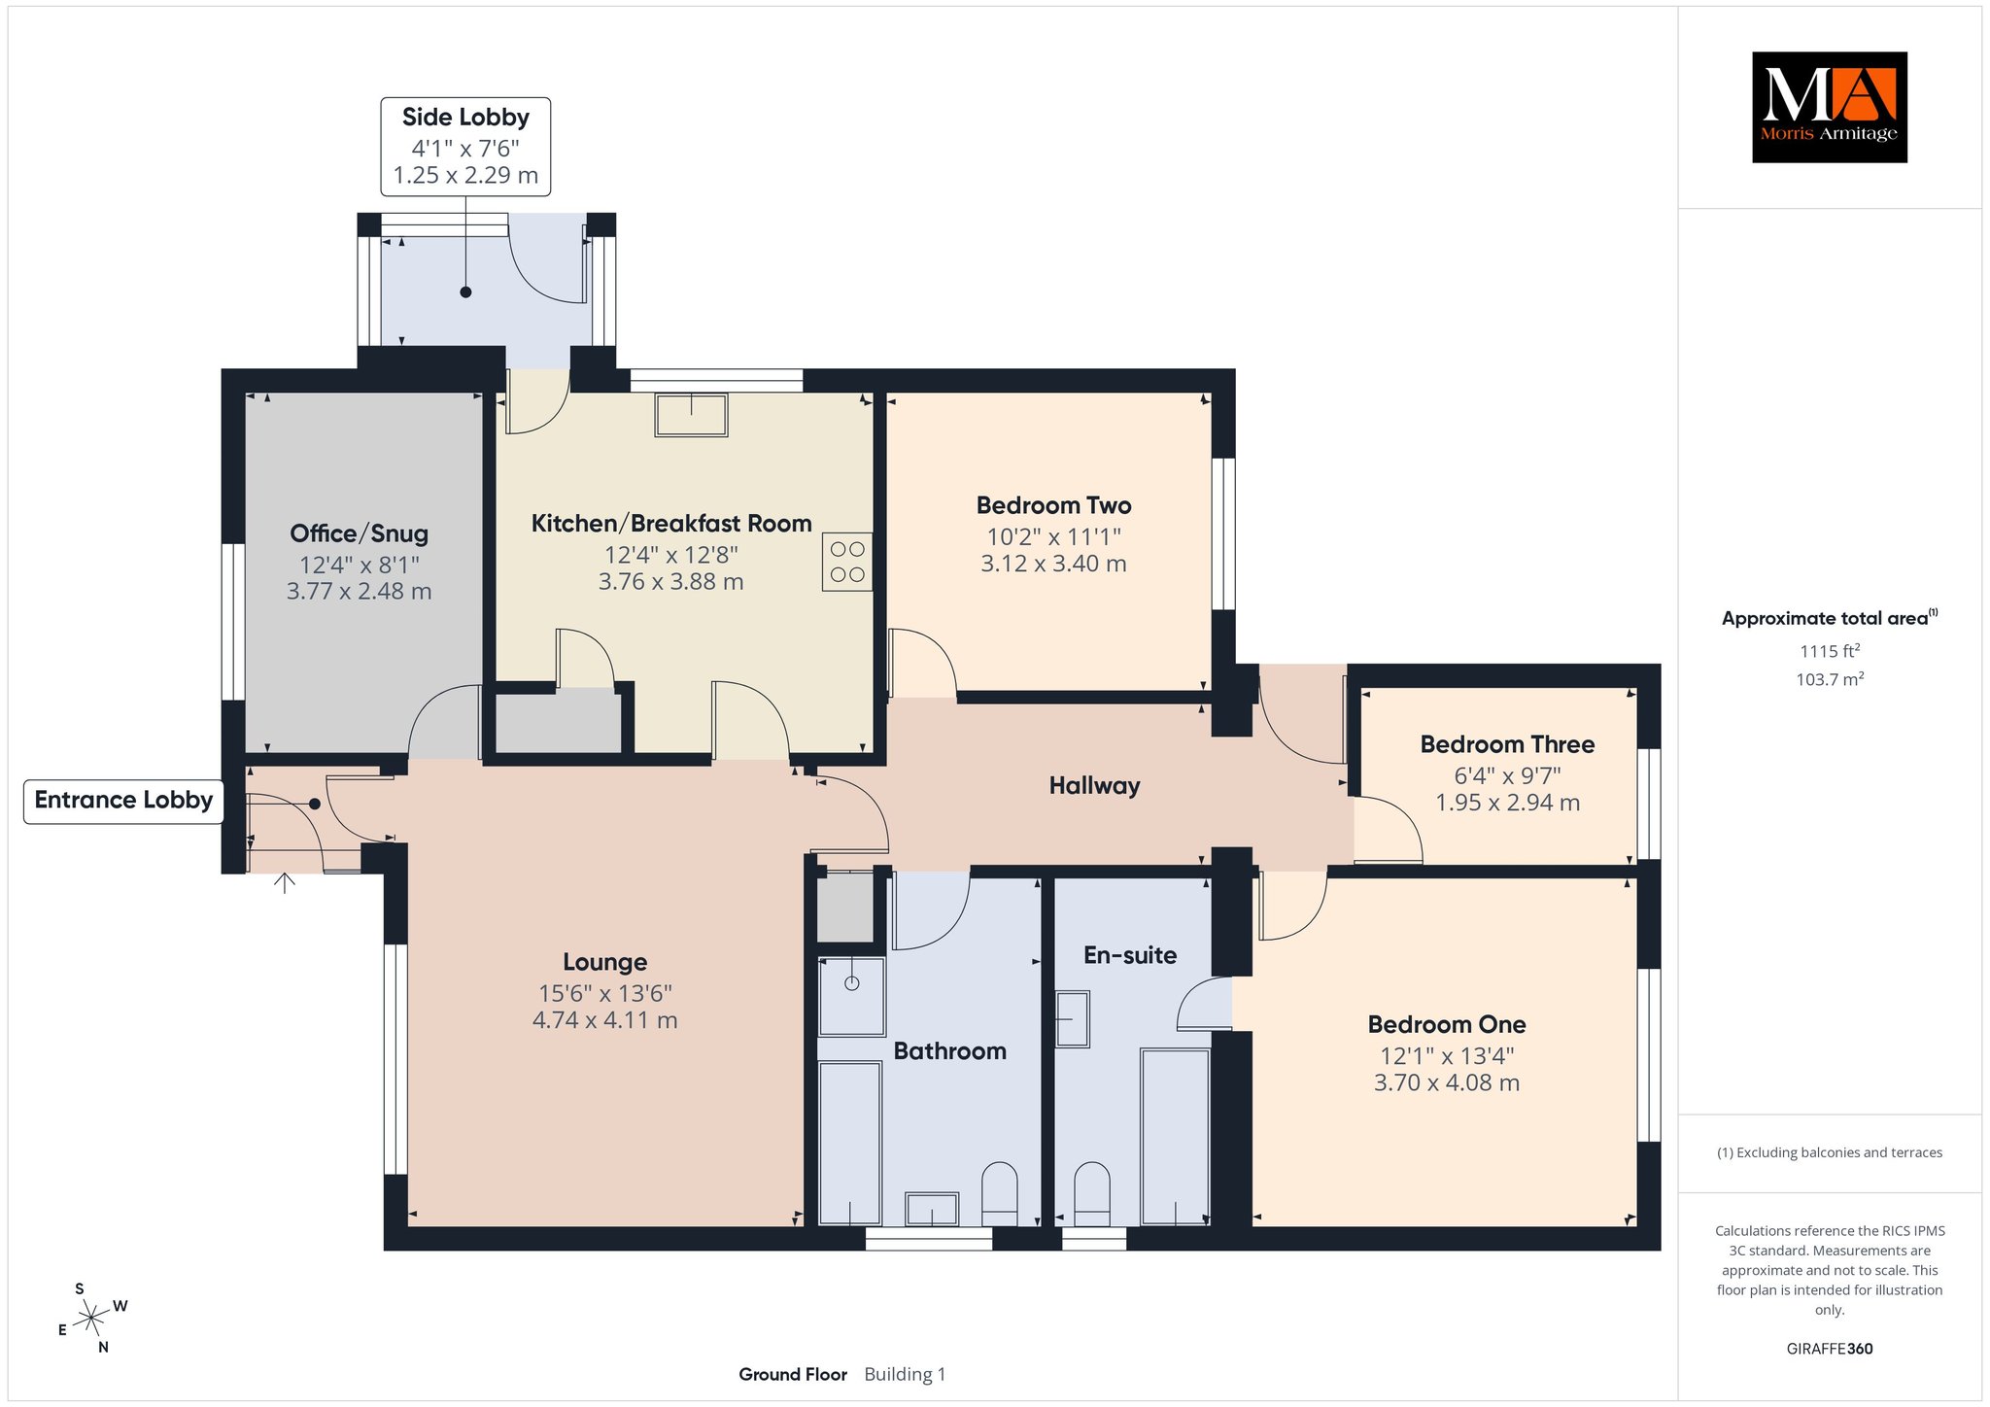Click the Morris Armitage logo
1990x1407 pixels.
point(1829,107)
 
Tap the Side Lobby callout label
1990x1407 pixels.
point(465,147)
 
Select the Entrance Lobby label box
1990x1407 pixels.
point(123,801)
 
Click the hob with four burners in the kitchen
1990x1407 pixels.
point(847,562)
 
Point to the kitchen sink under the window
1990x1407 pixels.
point(691,414)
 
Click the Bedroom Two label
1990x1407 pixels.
point(1054,505)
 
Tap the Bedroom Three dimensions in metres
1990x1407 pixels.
point(1508,803)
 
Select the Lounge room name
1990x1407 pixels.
point(605,962)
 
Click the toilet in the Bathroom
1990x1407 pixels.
point(1000,1194)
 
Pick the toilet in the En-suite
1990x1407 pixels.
point(1092,1194)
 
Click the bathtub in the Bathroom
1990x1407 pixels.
point(850,1143)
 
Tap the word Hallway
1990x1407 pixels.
point(1094,786)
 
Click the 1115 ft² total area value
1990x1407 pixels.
point(1830,651)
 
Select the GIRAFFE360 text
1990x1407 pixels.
point(1830,1349)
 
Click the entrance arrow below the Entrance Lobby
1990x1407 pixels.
point(284,882)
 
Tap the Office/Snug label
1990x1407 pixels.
point(360,533)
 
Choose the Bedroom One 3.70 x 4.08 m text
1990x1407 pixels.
point(1447,1082)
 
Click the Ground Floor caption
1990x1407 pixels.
point(793,1374)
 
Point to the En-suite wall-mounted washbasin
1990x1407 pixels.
point(1073,1018)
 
